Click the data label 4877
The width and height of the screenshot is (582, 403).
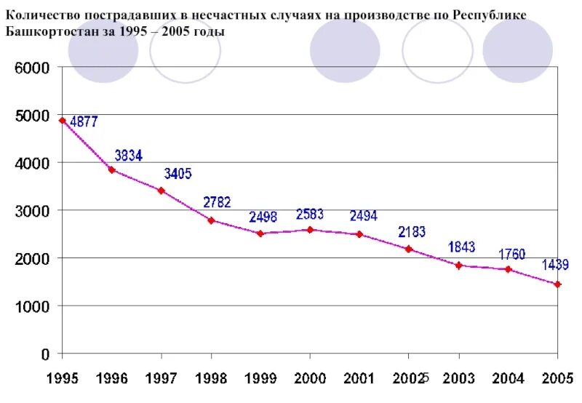pos(84,122)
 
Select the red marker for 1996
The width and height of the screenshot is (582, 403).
pos(111,169)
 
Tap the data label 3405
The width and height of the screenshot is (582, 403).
pos(178,174)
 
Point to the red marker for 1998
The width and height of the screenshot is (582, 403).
pos(211,220)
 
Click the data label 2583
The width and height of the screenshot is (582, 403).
pos(309,214)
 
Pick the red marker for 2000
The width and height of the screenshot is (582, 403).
pos(310,230)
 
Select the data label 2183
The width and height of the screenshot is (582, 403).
pos(411,232)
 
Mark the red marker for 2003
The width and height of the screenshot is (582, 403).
pos(458,266)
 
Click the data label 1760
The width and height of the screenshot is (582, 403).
pos(512,254)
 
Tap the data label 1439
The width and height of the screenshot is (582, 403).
pos(555,265)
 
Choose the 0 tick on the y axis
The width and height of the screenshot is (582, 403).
pos(45,354)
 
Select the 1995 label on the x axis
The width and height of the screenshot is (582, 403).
pos(63,378)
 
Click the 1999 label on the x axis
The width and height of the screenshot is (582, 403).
pos(260,378)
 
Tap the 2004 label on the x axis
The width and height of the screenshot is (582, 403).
pos(508,378)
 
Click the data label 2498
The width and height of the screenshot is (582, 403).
pos(263,217)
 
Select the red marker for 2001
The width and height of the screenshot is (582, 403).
pos(359,234)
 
